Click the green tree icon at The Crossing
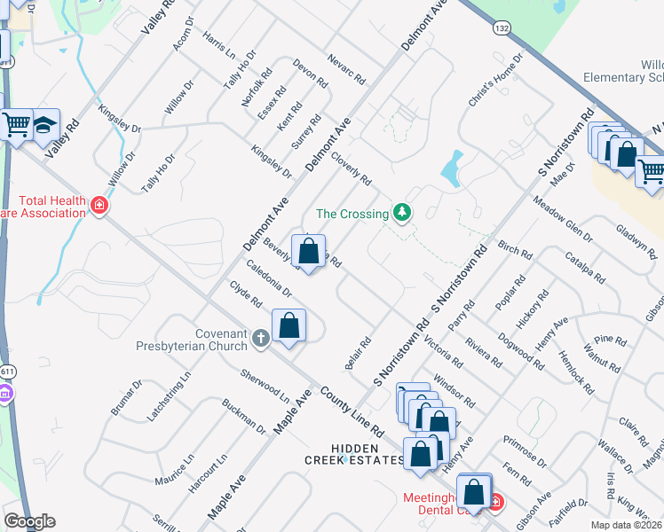coord(403,213)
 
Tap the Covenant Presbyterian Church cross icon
coord(261,338)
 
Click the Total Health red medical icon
coord(99,207)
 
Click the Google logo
coord(29,520)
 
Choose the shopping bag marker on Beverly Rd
coord(308,252)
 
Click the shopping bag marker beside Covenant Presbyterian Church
coord(289,325)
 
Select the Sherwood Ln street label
coord(265,387)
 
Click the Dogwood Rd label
coord(521,348)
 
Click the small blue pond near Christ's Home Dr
coord(453,168)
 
